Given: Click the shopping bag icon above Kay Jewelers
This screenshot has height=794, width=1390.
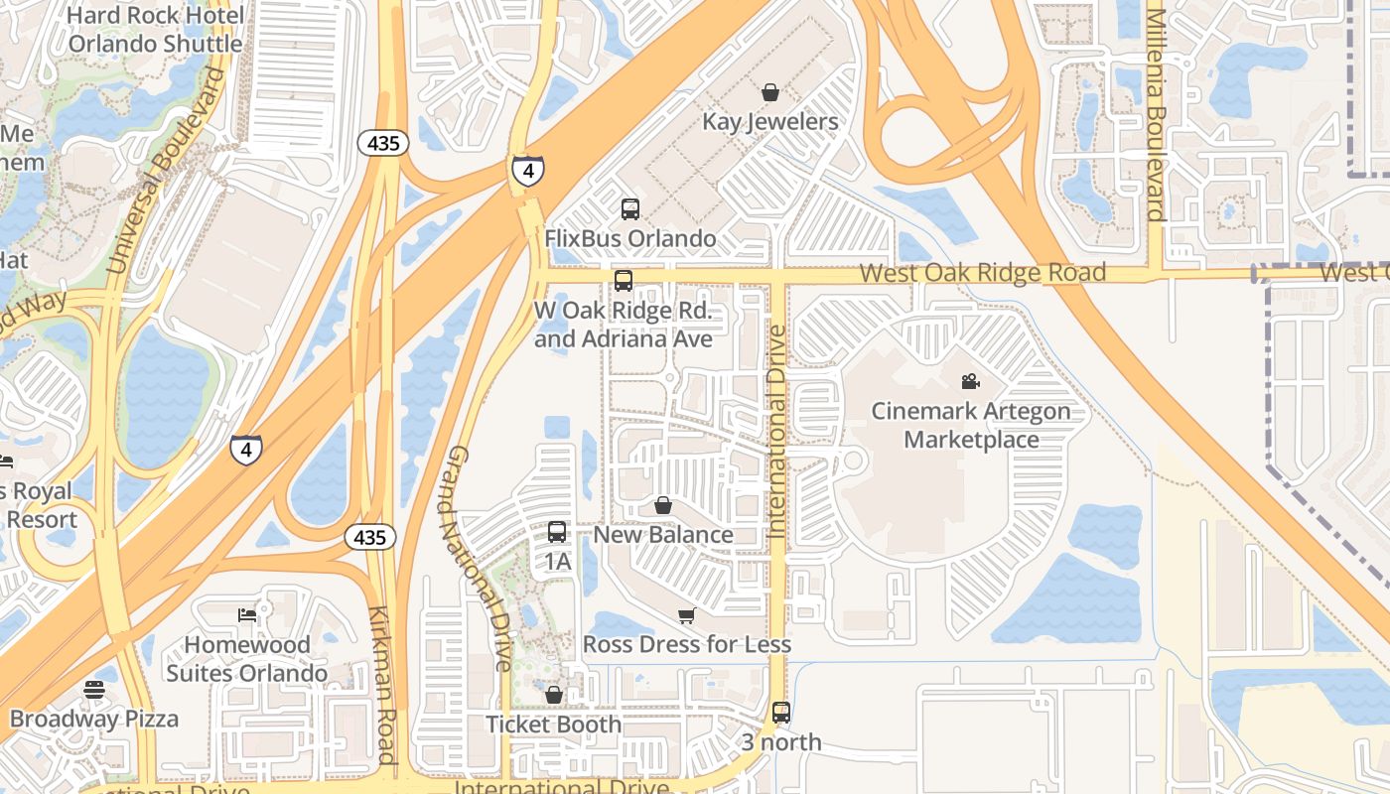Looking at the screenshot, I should [769, 92].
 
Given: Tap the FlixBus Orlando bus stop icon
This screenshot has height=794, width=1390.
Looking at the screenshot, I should [630, 208].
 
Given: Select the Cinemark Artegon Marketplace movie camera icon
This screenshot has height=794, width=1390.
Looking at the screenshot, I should [970, 381].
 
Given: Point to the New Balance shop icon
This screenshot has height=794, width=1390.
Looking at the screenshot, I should [662, 505].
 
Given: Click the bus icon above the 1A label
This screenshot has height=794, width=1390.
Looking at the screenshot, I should [557, 531].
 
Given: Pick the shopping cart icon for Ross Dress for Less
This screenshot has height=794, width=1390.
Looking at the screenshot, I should [686, 615].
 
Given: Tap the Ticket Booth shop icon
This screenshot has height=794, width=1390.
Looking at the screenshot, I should [554, 695].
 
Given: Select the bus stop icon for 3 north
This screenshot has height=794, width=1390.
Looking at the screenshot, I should [781, 712].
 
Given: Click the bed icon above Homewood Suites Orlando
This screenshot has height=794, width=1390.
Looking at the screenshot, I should [247, 615].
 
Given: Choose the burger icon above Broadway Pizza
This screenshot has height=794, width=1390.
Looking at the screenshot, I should [94, 689].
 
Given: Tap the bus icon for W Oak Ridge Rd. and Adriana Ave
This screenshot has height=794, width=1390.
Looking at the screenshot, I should [624, 280].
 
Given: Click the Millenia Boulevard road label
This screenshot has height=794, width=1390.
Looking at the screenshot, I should [1155, 114].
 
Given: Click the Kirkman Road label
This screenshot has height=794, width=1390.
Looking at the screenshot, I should [382, 685].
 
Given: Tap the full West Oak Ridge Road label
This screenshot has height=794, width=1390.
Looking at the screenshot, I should [982, 272].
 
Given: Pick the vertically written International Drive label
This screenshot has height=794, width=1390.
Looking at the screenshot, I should [776, 432].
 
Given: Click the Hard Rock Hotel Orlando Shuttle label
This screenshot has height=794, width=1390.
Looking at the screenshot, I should [156, 30].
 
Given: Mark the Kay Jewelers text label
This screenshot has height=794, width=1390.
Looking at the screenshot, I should [770, 121].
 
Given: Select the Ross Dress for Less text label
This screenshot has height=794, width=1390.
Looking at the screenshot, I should [687, 644].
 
